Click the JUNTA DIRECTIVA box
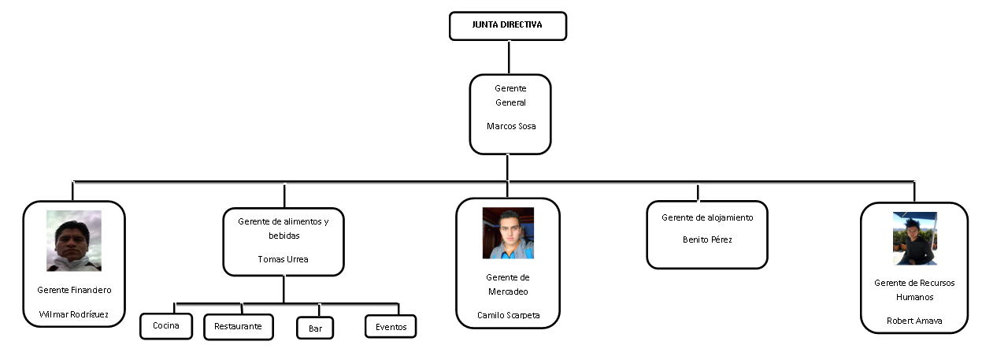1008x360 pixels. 507,25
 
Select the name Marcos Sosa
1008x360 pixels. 510,126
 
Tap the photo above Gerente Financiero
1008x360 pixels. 73,240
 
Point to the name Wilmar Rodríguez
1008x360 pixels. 74,315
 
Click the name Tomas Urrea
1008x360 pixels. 283,259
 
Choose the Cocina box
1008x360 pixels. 165,326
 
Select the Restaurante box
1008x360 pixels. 238,326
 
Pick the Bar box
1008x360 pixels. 315,328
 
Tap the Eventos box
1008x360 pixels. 391,326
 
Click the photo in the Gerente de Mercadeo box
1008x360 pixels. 508,233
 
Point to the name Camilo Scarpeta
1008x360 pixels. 508,315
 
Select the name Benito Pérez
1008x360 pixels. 706,239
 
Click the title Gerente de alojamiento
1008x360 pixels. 706,217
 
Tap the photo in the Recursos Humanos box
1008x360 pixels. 914,238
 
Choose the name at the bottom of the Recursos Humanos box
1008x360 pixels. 913,321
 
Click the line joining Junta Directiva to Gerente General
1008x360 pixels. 509,57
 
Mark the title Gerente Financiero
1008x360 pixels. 74,290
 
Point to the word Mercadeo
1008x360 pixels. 508,291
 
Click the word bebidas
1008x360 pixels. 283,236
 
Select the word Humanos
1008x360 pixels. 913,297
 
